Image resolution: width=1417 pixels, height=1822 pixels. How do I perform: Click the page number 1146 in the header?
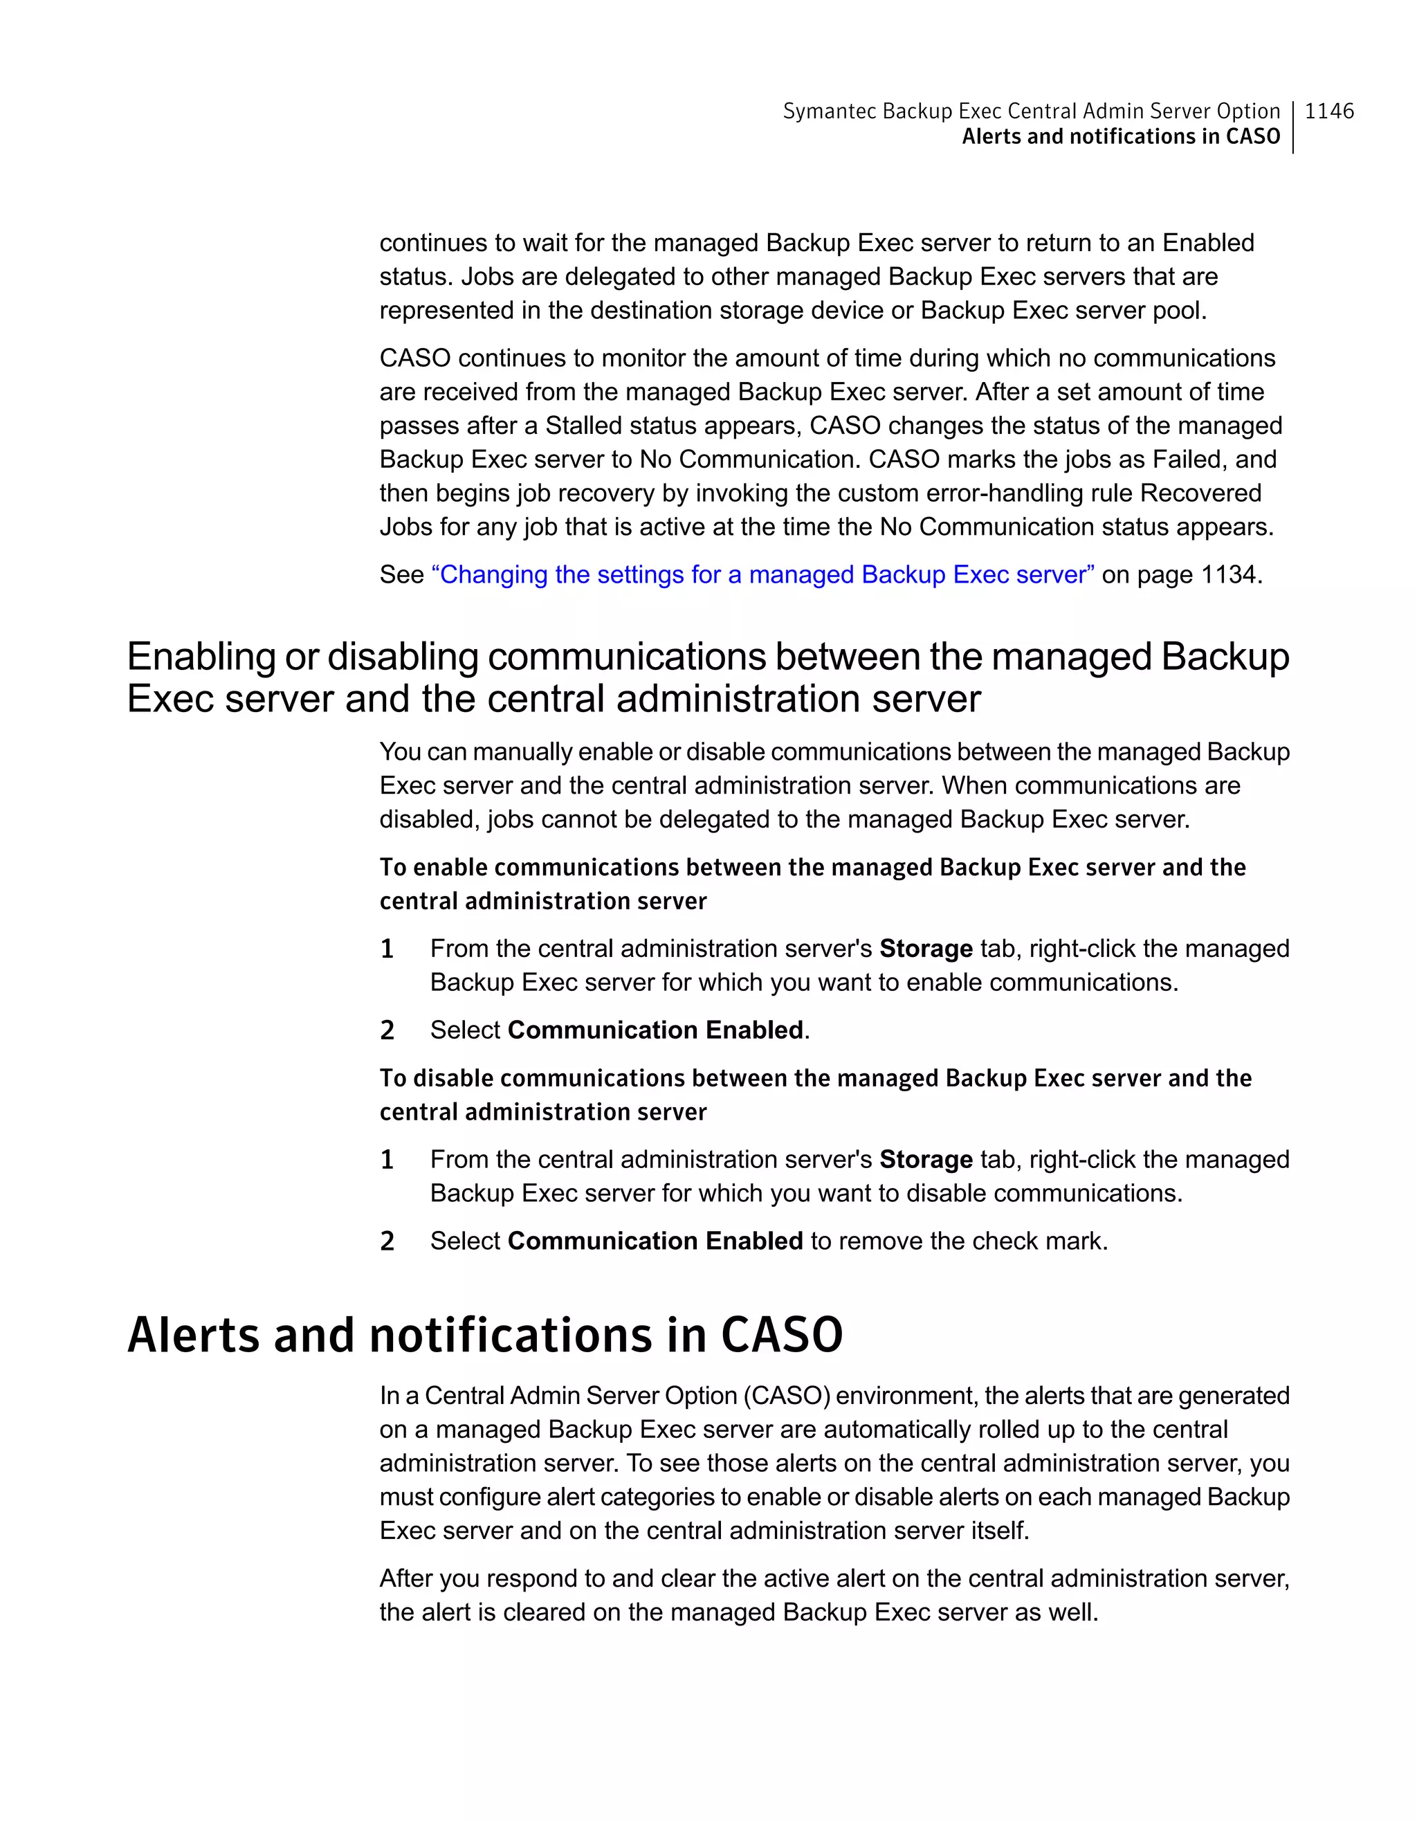pyautogui.click(x=1328, y=111)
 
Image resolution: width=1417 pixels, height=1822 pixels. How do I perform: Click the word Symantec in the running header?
pyautogui.click(x=828, y=111)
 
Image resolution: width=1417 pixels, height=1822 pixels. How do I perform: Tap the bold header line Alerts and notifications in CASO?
pyautogui.click(x=1120, y=137)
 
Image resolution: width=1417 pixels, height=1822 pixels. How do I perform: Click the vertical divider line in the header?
pyautogui.click(x=1292, y=127)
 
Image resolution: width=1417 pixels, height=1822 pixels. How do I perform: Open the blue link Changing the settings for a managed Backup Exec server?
pyautogui.click(x=762, y=575)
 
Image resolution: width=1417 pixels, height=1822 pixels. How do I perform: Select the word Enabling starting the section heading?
pyautogui.click(x=201, y=657)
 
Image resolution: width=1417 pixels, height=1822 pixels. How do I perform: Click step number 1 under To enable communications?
pyautogui.click(x=387, y=949)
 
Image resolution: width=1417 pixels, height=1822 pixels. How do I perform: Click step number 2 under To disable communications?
pyautogui.click(x=387, y=1241)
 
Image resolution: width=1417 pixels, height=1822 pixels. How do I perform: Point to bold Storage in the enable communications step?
pyautogui.click(x=926, y=949)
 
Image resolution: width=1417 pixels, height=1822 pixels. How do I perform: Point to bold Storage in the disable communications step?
pyautogui.click(x=926, y=1160)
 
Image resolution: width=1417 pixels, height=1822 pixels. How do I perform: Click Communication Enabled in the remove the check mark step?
pyautogui.click(x=655, y=1241)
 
